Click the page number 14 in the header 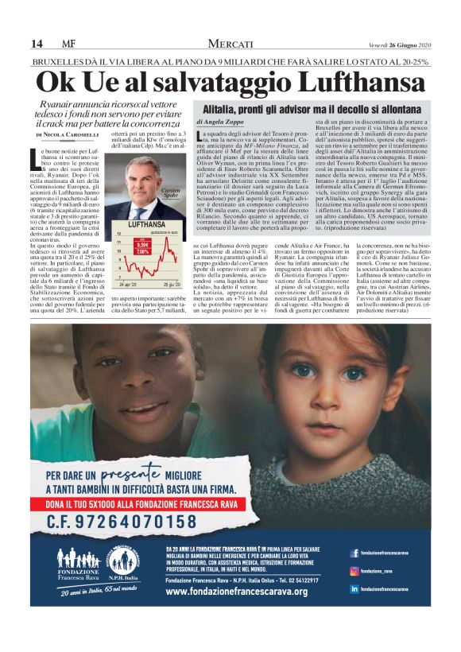(37, 43)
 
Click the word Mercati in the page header (230, 43)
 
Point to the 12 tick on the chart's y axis (118, 235)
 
